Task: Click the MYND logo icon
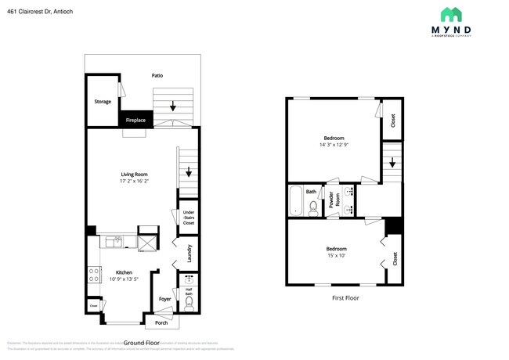pyautogui.click(x=451, y=14)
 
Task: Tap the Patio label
pyautogui.click(x=157, y=76)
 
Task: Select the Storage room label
pyautogui.click(x=103, y=101)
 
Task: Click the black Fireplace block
pyautogui.click(x=135, y=121)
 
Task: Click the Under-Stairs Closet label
pyautogui.click(x=188, y=218)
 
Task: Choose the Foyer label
pyautogui.click(x=165, y=299)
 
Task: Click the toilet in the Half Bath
pyautogui.click(x=189, y=300)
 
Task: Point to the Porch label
pyautogui.click(x=161, y=322)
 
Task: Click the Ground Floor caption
pyautogui.click(x=142, y=343)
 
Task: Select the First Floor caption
pyautogui.click(x=345, y=298)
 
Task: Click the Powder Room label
pyautogui.click(x=331, y=200)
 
